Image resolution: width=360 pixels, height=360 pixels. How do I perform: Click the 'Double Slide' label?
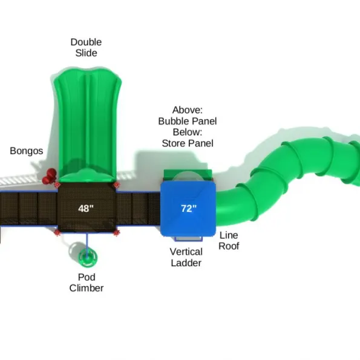(86, 48)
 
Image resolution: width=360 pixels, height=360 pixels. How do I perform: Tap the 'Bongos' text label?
(27, 151)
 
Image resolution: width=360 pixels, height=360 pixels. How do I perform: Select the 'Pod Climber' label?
(87, 283)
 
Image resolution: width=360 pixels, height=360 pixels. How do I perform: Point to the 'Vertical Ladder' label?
(186, 257)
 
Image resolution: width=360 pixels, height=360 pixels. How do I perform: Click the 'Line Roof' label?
(229, 241)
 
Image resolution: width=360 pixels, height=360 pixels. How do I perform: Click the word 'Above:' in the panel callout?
(188, 110)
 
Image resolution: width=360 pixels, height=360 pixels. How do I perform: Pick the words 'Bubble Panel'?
(188, 121)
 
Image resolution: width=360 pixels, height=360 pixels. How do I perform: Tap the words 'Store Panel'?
(188, 143)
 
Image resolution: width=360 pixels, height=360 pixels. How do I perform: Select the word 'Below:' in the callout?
(188, 133)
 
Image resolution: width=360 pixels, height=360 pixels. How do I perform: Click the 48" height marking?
(86, 209)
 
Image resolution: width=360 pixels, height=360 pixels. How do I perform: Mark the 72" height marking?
(189, 209)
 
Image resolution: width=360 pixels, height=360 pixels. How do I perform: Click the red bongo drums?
(50, 176)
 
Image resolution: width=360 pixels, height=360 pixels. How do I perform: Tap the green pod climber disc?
(88, 258)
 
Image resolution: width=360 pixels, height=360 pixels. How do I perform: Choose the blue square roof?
(188, 209)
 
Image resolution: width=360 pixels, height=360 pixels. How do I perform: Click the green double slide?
(87, 125)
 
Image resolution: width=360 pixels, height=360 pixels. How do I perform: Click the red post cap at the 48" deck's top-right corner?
(116, 185)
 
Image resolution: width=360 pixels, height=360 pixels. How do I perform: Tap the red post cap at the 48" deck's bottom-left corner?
(57, 233)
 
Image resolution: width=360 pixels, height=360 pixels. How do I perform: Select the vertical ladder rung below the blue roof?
(188, 239)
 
